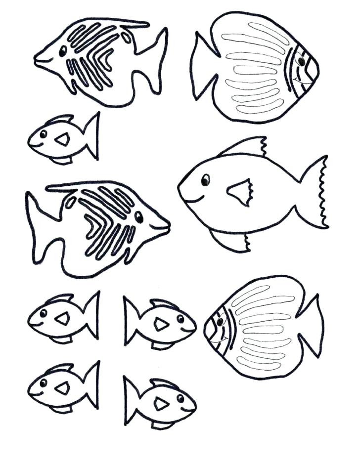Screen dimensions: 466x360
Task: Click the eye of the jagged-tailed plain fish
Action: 205,180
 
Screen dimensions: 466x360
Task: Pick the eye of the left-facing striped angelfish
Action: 63,51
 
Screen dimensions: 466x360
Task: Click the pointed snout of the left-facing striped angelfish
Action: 37,59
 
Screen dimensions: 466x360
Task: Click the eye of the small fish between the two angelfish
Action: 44,134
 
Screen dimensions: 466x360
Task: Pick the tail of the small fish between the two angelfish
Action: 91,136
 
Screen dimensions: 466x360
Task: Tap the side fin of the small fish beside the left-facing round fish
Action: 160,324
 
